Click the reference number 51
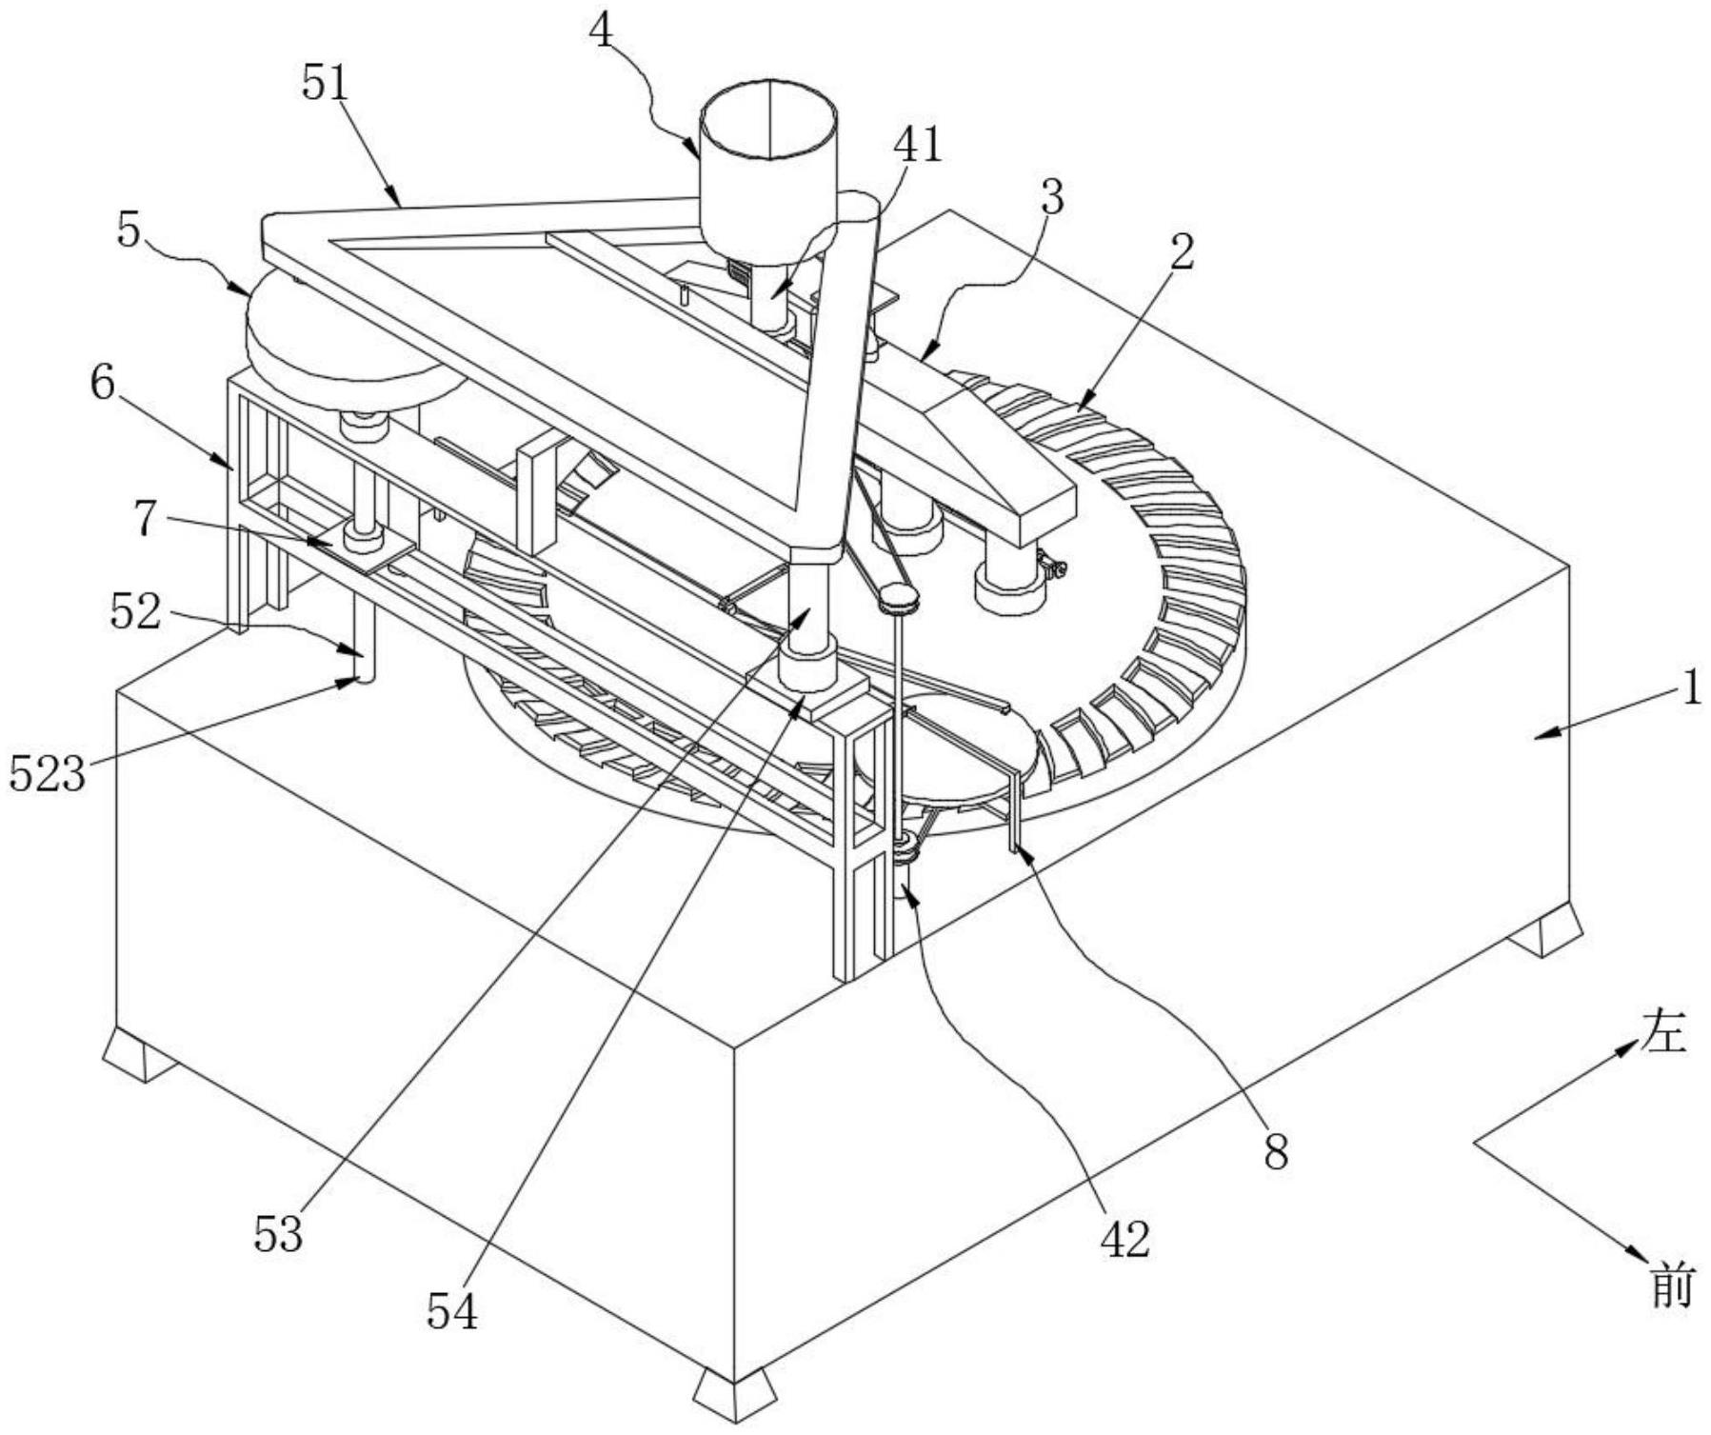point(327,84)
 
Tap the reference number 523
point(48,774)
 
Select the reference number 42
point(1125,1239)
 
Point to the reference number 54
point(452,1313)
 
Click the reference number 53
point(278,1234)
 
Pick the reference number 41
point(917,144)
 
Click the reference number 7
point(144,518)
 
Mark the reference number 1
point(1690,688)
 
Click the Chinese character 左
point(1662,1033)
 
